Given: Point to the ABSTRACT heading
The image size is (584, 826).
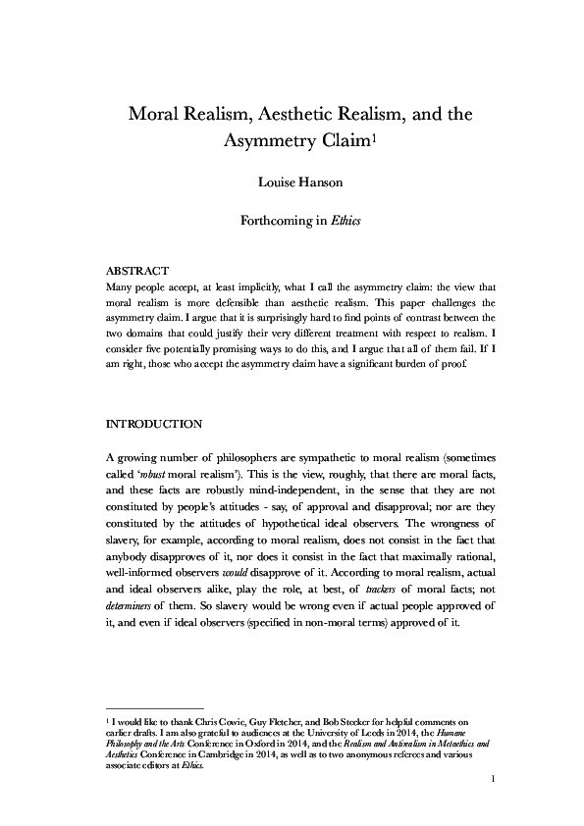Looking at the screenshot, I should pos(137,270).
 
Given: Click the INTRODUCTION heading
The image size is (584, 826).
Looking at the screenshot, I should pos(153,424).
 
